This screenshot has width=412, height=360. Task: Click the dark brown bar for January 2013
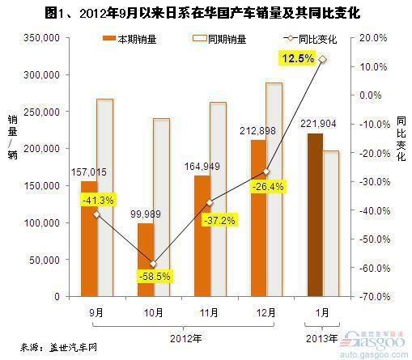pos(315,215)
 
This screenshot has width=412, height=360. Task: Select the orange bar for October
pos(146,260)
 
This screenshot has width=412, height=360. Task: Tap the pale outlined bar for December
pos(274,190)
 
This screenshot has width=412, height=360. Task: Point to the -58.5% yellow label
pos(155,276)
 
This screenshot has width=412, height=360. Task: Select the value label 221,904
pos(318,124)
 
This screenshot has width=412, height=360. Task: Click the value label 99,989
pos(146,214)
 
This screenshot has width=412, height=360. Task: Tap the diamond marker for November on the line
pos(210,203)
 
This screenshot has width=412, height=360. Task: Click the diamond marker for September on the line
pos(96,214)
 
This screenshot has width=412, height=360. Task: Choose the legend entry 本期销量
pos(130,40)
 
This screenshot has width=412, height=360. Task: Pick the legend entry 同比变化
pos(310,40)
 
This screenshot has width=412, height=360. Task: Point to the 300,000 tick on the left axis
pos(41,74)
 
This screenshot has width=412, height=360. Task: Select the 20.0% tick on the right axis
pos(373,38)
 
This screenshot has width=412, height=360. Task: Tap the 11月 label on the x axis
pos(209,313)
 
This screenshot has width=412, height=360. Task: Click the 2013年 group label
pos(321,338)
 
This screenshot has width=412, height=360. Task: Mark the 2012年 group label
pos(186,338)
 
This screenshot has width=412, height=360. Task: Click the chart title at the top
pos(202,13)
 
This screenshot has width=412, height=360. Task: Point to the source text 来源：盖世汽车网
pos(58,347)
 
